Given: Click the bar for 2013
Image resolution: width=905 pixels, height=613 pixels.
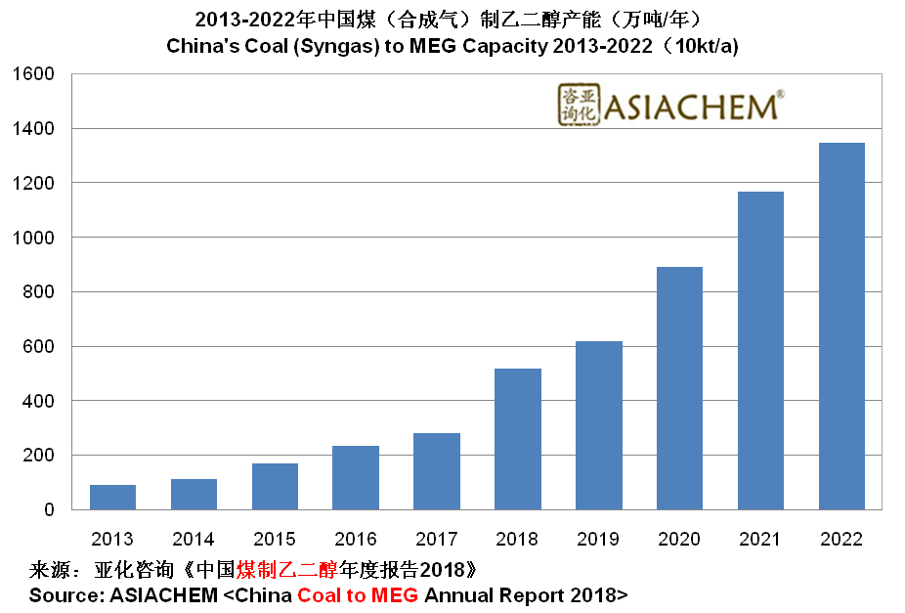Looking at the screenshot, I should pyautogui.click(x=112, y=497).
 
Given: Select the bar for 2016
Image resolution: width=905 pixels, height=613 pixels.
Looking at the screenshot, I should pyautogui.click(x=356, y=477).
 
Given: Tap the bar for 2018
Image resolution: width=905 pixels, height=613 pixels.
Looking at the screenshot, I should pyautogui.click(x=518, y=439).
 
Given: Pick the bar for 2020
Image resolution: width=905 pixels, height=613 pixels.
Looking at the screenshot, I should pyautogui.click(x=679, y=388).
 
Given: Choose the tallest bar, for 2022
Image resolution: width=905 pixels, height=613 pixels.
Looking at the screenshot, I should pyautogui.click(x=841, y=326).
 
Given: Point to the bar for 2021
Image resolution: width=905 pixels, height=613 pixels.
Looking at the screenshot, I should pyautogui.click(x=760, y=350).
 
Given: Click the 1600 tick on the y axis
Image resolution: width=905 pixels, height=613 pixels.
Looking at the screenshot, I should pyautogui.click(x=35, y=74).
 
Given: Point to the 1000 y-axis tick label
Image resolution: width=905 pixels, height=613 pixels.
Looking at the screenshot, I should pyautogui.click(x=35, y=238).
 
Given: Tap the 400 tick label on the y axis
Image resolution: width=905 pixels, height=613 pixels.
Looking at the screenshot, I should pyautogui.click(x=40, y=401).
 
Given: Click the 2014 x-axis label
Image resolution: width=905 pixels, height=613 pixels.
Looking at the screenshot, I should pyautogui.click(x=194, y=539).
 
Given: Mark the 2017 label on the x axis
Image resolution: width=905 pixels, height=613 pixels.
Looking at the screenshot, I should pyautogui.click(x=437, y=539).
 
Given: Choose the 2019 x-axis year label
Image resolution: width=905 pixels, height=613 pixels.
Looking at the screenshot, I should pyautogui.click(x=599, y=539).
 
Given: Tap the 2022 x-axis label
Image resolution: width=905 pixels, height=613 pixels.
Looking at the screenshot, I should pyautogui.click(x=841, y=539).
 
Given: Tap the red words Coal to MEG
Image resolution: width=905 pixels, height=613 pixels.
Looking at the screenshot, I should pyautogui.click(x=358, y=594).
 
